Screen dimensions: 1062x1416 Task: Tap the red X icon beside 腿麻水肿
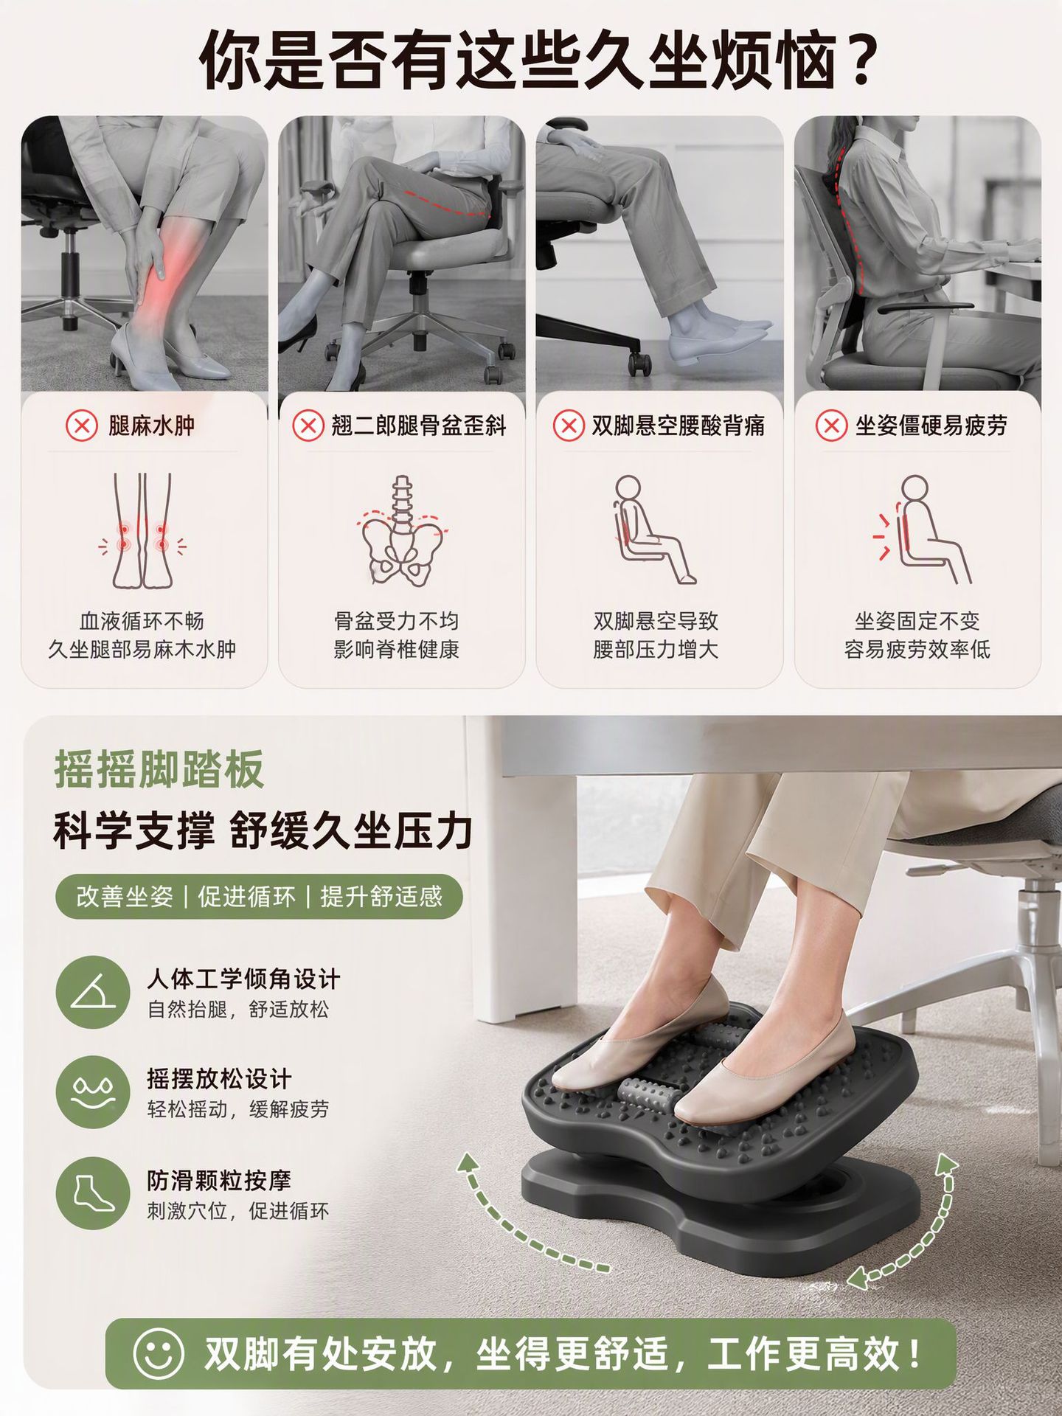click(x=81, y=426)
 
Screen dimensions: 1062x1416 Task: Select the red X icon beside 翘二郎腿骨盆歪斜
click(x=308, y=426)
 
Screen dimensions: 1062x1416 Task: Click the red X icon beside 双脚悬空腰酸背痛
click(x=569, y=426)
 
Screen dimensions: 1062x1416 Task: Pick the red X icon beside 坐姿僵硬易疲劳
click(x=831, y=426)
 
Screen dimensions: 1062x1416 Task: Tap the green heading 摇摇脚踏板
click(x=159, y=770)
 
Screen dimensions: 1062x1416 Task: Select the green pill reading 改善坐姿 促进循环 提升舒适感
click(x=259, y=897)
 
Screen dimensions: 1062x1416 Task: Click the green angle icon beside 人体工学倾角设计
click(x=93, y=993)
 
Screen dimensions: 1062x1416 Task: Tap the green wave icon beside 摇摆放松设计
click(x=93, y=1092)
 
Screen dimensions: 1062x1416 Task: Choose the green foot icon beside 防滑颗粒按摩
click(x=93, y=1193)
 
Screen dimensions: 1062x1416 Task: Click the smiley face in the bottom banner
click(x=158, y=1353)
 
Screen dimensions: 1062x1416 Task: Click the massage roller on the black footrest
click(x=648, y=1098)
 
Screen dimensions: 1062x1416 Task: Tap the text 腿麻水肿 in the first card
click(x=152, y=426)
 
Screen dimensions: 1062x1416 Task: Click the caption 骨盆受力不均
click(x=397, y=621)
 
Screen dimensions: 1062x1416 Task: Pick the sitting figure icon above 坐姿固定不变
click(x=922, y=530)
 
